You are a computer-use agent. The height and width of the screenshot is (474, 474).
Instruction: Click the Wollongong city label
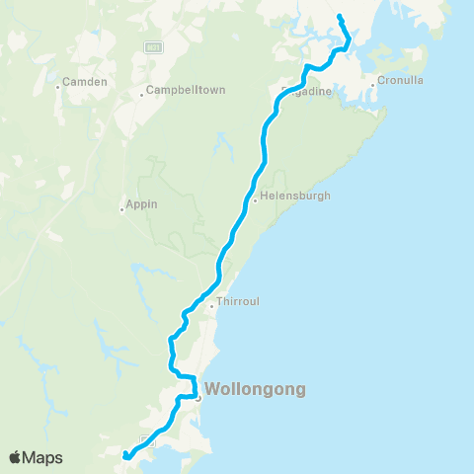tap(256, 389)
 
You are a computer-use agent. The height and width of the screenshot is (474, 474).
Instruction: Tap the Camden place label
tap(84, 82)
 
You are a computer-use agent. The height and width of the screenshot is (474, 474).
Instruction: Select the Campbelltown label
tap(186, 90)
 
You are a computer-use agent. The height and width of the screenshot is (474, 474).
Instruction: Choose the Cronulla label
tap(400, 82)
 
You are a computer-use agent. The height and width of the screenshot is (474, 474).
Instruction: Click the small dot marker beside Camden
tap(58, 87)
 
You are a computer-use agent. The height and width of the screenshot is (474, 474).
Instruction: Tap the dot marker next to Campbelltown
tap(140, 95)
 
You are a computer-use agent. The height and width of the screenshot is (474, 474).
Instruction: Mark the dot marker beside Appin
tap(120, 208)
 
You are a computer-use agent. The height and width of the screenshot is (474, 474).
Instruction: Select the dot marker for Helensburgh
tap(255, 201)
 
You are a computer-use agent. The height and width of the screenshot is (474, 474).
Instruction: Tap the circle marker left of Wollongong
tap(197, 399)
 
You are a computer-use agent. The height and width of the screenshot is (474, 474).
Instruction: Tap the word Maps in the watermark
tap(43, 457)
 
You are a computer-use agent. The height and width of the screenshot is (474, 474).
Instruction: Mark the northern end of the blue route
tap(340, 17)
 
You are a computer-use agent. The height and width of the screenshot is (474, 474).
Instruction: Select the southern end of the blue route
tap(125, 456)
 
